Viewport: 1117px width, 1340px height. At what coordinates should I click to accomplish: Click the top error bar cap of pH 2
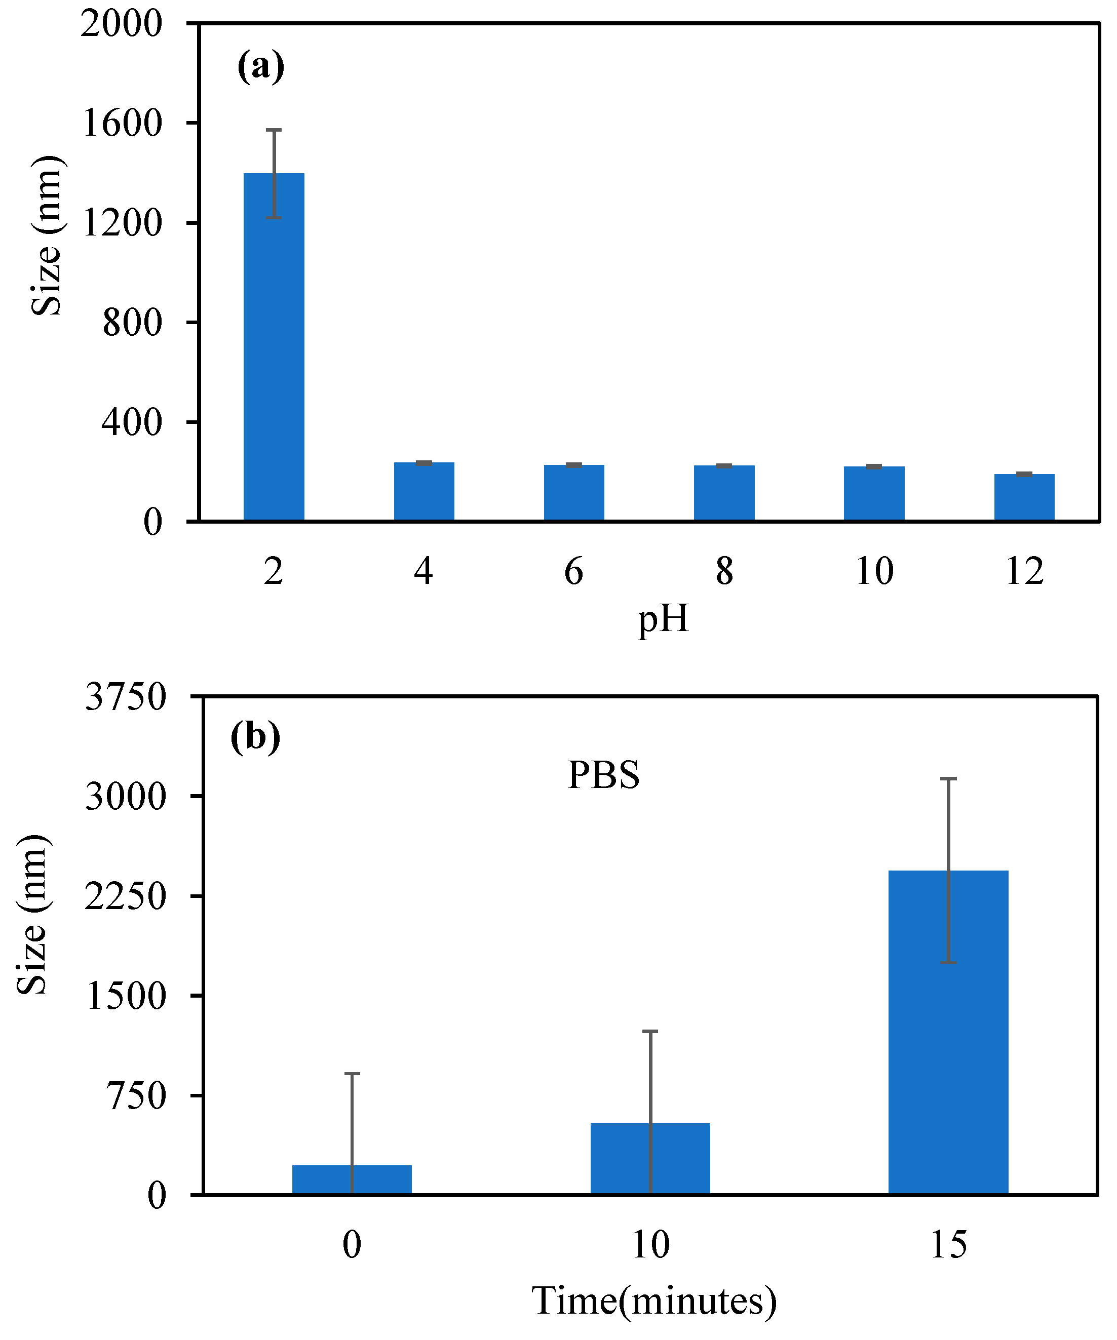point(274,130)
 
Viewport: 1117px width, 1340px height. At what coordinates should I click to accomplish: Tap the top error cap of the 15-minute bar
point(948,779)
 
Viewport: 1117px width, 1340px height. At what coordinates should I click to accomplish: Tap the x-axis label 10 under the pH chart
point(874,571)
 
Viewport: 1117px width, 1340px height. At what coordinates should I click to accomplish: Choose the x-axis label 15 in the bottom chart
point(948,1245)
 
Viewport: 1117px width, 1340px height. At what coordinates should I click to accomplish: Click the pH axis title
point(663,619)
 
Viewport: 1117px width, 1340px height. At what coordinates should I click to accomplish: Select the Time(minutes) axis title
point(654,1302)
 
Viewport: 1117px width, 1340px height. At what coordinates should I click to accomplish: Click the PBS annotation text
point(603,775)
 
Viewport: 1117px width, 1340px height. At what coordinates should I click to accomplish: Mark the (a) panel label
point(260,66)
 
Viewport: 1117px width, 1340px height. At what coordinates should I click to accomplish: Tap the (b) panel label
point(255,738)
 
